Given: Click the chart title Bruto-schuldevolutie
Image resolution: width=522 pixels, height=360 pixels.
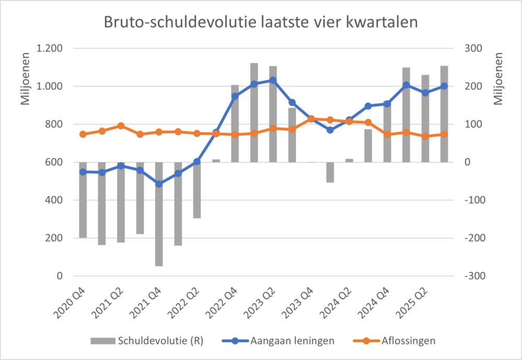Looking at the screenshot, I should point(260,22).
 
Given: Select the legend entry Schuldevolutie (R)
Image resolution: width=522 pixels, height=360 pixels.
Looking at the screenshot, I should point(160,341).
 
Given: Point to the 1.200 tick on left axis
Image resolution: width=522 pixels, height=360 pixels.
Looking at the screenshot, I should point(50,49).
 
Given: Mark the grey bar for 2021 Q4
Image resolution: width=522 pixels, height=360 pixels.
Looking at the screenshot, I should point(159,214).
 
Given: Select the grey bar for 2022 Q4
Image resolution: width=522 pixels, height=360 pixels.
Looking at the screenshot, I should point(235,123).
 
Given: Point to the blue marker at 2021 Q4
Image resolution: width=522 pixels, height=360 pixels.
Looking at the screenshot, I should point(159,184).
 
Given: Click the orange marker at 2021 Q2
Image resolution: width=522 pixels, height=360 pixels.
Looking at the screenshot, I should point(121,126).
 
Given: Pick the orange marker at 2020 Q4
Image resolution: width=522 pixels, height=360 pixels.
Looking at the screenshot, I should point(82,134).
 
